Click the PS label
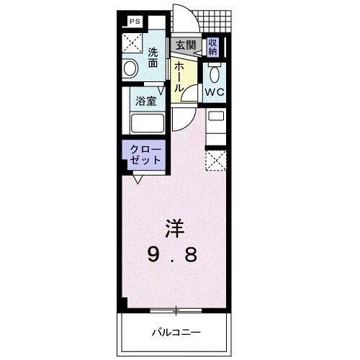135,22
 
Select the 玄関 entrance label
185,45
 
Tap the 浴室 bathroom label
145,102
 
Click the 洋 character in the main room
176,230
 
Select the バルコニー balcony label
176,332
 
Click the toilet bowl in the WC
214,74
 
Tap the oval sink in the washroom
131,68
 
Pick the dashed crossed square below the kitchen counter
215,159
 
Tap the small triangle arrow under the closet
136,178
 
